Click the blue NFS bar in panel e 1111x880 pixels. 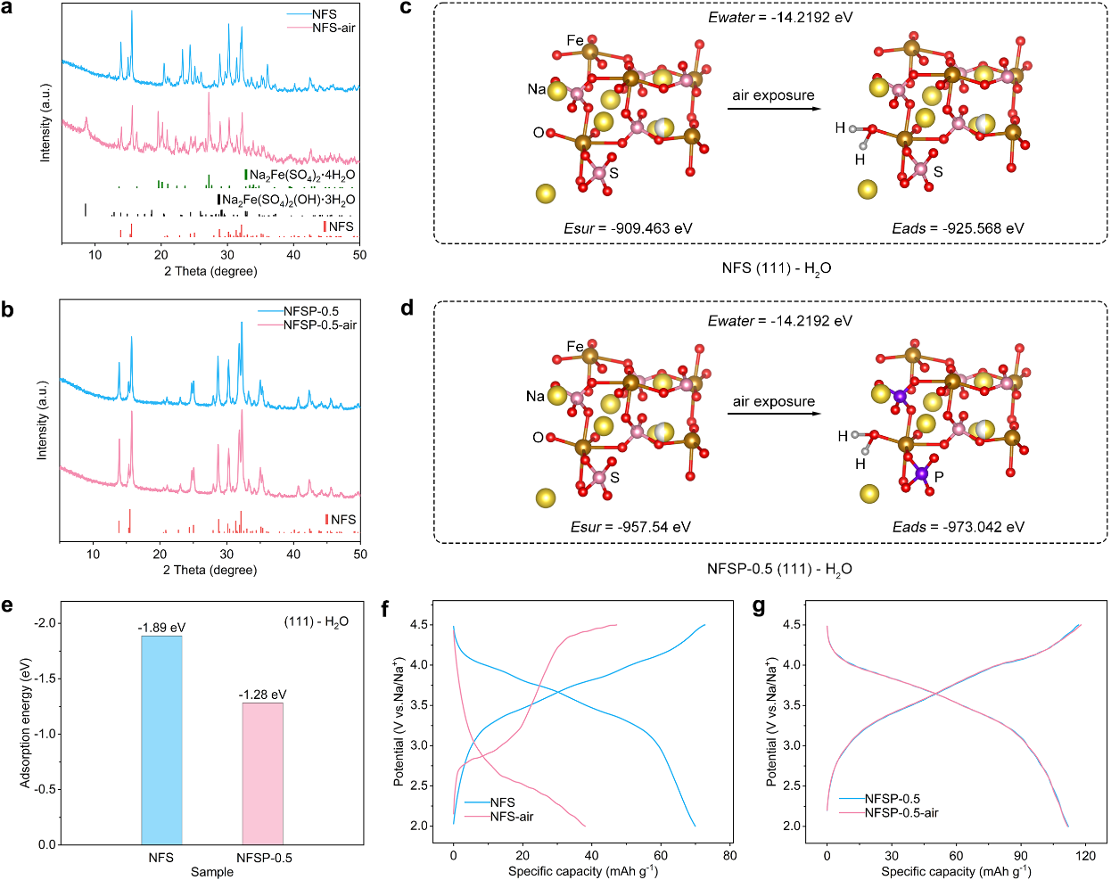[161, 740]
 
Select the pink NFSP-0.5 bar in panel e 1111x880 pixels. [262, 773]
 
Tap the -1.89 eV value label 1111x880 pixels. [161, 628]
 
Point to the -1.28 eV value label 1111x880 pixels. [262, 695]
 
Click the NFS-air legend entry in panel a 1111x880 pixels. [333, 28]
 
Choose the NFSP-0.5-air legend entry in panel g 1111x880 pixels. [901, 812]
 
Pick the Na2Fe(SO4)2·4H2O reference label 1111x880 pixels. [301, 175]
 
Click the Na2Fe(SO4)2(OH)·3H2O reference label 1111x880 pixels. [288, 200]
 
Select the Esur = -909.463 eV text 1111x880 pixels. [628, 228]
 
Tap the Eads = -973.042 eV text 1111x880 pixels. [959, 527]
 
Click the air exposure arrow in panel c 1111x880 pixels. [774, 109]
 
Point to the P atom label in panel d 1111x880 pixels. [939, 477]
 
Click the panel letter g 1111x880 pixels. [759, 607]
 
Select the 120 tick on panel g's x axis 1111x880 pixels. [1085, 856]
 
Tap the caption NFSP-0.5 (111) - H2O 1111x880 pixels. [779, 569]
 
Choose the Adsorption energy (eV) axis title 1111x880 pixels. [25, 723]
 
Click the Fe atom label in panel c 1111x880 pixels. [575, 40]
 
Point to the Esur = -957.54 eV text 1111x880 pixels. [630, 527]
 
